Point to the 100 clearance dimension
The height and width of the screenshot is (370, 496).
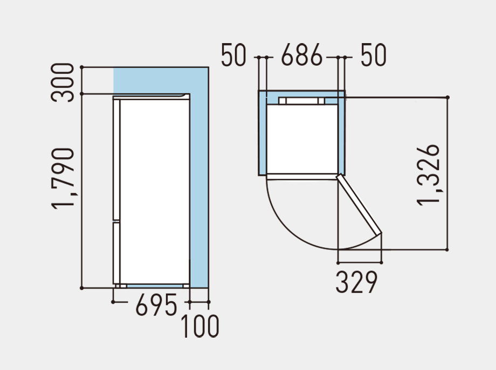[199, 326]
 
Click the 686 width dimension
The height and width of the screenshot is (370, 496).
[302, 56]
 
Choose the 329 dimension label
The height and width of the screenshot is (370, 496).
[356, 282]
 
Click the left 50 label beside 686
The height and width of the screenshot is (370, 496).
[233, 56]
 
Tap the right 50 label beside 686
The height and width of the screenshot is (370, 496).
[374, 56]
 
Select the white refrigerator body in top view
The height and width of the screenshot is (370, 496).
[302, 137]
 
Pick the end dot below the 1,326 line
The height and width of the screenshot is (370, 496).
[447, 250]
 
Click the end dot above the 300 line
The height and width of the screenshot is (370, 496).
[81, 67]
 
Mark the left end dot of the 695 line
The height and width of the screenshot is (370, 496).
[113, 302]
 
